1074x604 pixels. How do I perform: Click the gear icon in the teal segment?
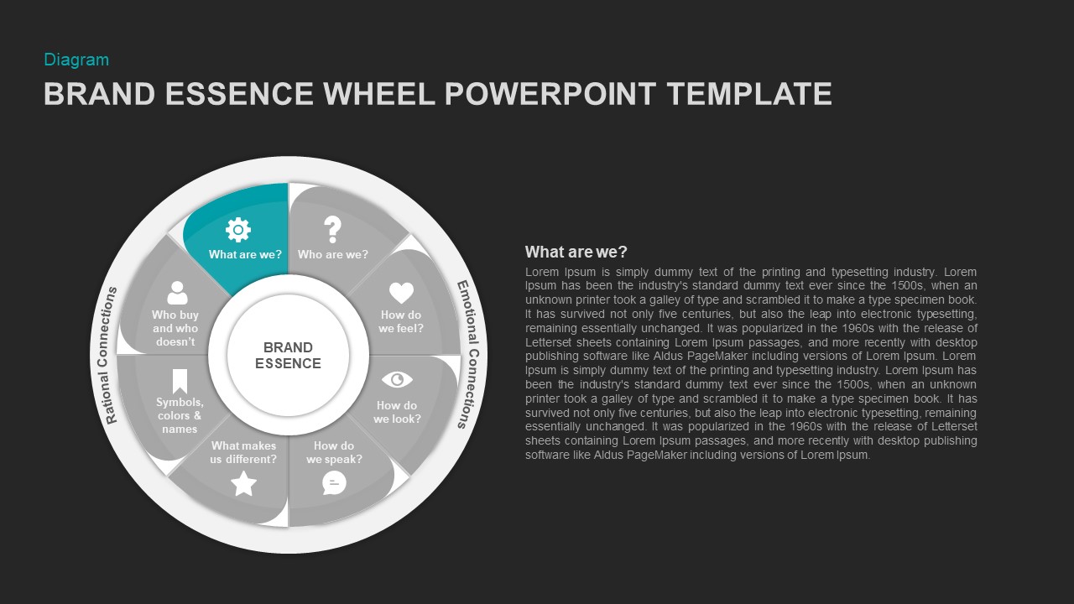(238, 229)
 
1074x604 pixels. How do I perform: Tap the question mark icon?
(333, 229)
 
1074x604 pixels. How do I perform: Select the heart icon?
(401, 293)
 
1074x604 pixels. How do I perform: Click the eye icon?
(397, 380)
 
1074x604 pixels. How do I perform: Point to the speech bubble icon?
(334, 482)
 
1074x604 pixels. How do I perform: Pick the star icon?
(243, 483)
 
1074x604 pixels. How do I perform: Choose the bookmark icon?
(180, 381)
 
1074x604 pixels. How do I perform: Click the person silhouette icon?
(177, 293)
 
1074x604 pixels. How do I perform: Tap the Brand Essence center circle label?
(288, 355)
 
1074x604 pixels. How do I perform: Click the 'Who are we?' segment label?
(333, 254)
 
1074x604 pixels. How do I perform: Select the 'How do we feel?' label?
(401, 321)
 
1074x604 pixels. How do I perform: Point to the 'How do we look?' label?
(397, 412)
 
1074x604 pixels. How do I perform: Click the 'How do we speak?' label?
(334, 452)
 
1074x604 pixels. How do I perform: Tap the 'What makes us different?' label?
(243, 452)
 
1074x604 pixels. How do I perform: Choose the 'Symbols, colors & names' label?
(180, 415)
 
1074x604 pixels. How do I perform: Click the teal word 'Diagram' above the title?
(76, 60)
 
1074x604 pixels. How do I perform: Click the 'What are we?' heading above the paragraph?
(576, 252)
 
